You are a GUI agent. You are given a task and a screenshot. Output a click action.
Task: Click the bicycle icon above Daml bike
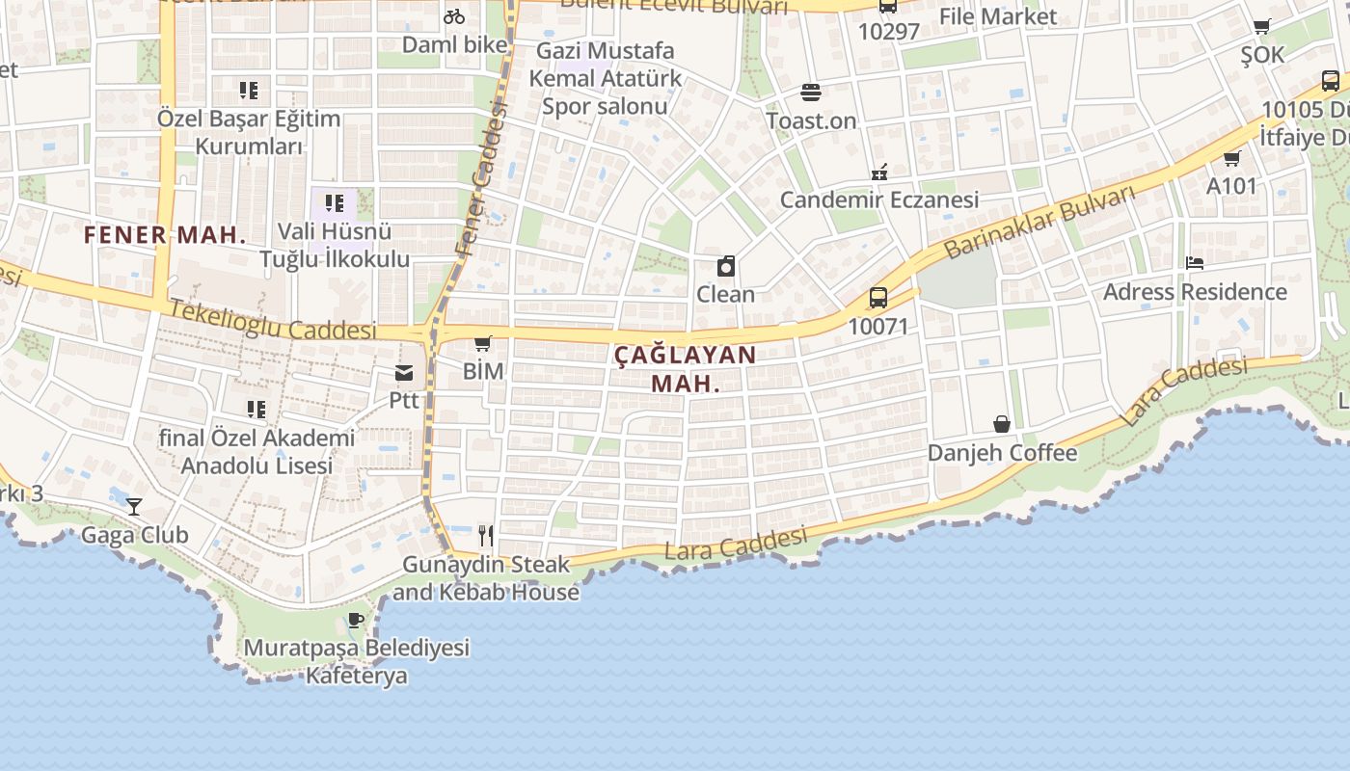(453, 16)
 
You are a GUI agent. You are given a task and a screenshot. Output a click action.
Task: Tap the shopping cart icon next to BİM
(483, 343)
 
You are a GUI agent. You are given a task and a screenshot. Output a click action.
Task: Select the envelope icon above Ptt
(404, 373)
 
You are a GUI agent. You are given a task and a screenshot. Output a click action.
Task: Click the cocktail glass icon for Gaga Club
(134, 506)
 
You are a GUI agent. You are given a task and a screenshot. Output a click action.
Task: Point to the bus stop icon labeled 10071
(877, 298)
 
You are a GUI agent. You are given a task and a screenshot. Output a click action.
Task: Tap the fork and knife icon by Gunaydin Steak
(486, 536)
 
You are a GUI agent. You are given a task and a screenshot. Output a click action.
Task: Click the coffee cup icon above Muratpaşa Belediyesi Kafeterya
(356, 620)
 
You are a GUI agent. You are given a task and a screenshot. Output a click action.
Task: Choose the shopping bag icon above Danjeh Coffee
(1002, 424)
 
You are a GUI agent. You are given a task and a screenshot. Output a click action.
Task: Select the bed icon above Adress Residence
(1195, 262)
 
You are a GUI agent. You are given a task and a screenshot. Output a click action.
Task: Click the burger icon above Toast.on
(811, 93)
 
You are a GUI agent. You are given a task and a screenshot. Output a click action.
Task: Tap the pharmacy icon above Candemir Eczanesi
(878, 172)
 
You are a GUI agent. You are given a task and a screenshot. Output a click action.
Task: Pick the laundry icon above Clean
(726, 266)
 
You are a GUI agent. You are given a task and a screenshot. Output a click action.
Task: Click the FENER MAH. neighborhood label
(165, 235)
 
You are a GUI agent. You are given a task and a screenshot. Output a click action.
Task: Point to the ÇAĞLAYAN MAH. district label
(686, 368)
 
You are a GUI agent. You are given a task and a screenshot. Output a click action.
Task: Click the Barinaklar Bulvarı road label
(1039, 222)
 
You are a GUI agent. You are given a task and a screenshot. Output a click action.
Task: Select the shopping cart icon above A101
(1231, 158)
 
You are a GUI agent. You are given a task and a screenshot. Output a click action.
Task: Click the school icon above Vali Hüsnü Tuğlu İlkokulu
(334, 203)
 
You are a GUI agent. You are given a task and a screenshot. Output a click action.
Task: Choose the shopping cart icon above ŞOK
(1262, 27)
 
